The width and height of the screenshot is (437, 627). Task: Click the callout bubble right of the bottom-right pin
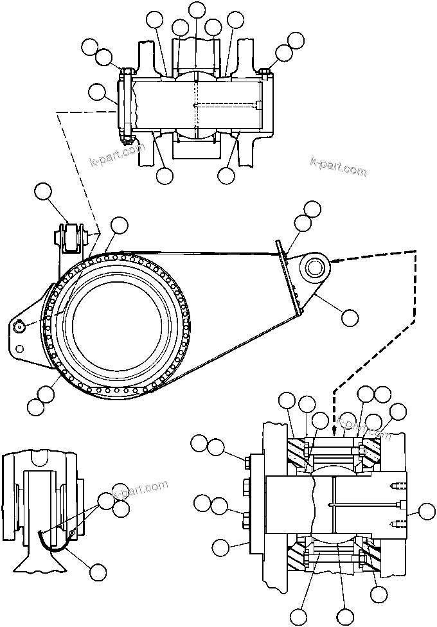pos(426,511)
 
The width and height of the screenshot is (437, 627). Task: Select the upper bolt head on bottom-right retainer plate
pos(246,460)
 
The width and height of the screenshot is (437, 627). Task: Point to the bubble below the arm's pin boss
pos(350,315)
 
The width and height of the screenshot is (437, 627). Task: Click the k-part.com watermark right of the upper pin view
pos(338,168)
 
